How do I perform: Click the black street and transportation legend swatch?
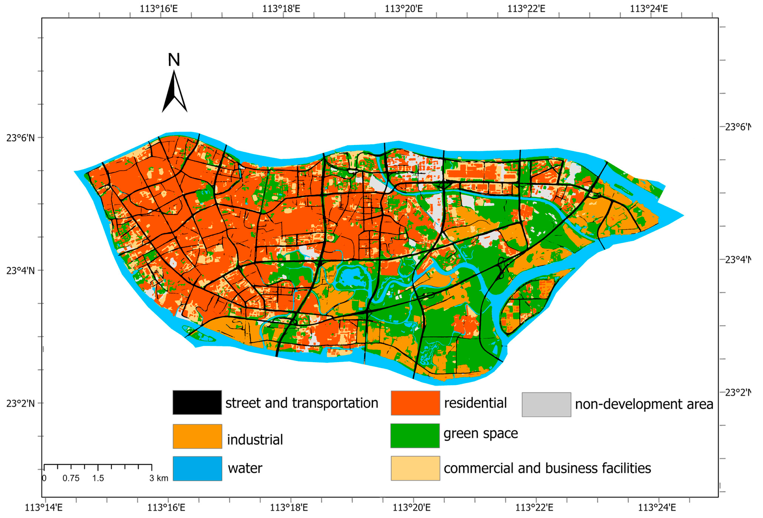click(197, 402)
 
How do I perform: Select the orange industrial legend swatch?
click(197, 436)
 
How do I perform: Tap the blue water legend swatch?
click(197, 468)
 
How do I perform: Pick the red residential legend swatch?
click(415, 403)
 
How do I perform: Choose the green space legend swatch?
click(415, 435)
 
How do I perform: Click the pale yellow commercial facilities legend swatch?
click(415, 468)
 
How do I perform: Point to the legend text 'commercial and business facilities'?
click(547, 468)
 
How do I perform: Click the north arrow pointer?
click(174, 92)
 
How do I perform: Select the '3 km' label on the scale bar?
click(159, 478)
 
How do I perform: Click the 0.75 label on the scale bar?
click(71, 478)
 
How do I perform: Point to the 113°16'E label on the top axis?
click(159, 8)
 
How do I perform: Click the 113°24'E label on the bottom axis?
click(657, 507)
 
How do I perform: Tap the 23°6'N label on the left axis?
click(20, 138)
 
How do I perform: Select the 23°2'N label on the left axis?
click(20, 403)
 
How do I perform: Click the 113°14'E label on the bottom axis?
click(44, 507)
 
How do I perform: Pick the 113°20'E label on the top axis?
click(403, 8)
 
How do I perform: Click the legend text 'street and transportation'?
click(301, 403)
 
